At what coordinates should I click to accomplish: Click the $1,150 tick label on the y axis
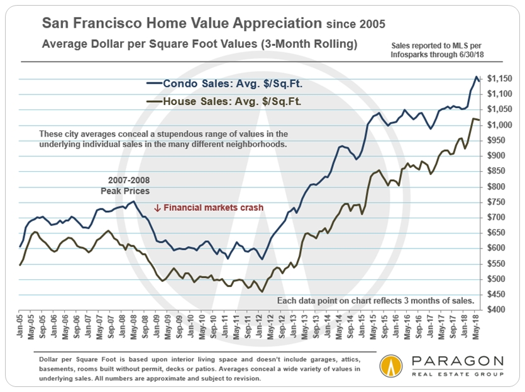coord(503,79)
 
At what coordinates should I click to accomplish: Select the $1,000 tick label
coord(503,125)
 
